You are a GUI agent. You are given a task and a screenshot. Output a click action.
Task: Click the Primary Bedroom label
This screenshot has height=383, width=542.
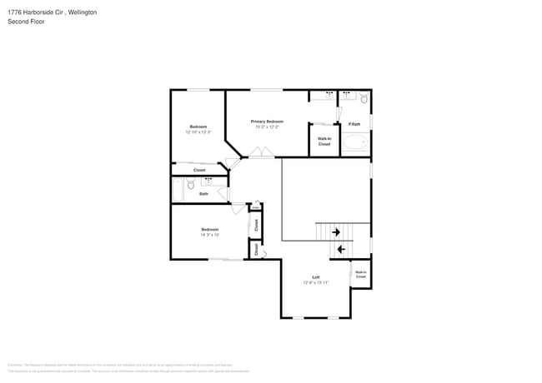(x=268, y=122)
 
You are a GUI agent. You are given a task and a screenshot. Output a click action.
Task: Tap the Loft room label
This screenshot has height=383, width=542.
(x=316, y=276)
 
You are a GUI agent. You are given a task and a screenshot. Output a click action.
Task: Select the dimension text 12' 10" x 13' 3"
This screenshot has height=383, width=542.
(x=198, y=132)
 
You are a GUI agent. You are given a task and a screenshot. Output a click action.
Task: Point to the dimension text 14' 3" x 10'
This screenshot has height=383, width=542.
(x=210, y=235)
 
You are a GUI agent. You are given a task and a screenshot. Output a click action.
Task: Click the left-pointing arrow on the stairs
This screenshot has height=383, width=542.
(x=340, y=249)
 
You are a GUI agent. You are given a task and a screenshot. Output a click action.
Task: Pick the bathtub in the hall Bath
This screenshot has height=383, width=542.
(x=177, y=190)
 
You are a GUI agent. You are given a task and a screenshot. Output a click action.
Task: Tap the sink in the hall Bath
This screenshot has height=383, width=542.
(x=208, y=180)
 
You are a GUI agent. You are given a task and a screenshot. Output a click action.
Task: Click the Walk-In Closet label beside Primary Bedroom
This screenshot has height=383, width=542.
(x=324, y=142)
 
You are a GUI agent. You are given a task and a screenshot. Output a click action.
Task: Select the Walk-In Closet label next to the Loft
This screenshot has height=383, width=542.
(x=360, y=274)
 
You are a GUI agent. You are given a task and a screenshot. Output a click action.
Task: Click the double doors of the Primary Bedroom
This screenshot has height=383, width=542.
(x=260, y=152)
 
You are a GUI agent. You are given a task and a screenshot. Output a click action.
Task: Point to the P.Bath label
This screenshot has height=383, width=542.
(x=354, y=124)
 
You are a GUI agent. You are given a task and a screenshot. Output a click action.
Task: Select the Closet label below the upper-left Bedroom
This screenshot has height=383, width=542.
(x=199, y=170)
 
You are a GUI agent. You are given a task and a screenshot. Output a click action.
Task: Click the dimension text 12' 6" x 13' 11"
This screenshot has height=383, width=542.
(x=316, y=283)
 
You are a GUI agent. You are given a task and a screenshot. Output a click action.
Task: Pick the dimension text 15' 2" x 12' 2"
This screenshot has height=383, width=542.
(x=268, y=127)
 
